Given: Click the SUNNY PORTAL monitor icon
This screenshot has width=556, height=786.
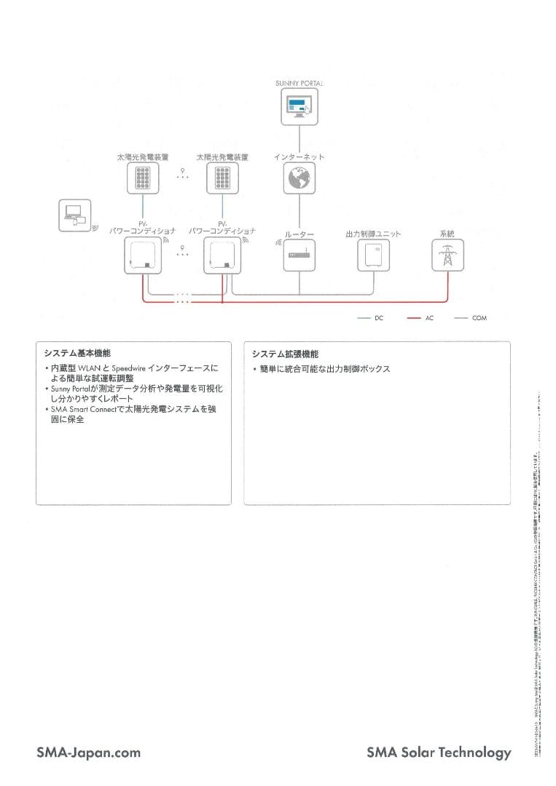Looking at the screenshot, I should coord(299,108).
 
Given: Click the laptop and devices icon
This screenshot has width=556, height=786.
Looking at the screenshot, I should coord(74,216).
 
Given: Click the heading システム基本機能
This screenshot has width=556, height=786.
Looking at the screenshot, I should coord(77,354).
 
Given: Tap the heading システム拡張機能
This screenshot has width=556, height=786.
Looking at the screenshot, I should coord(285,354).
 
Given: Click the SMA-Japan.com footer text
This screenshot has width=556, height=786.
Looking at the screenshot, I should coord(88,753).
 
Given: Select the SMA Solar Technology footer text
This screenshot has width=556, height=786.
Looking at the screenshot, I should coord(439,753).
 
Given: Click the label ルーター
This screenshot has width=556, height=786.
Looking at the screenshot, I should coord(299,234).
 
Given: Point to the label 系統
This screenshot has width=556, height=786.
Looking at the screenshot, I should coord(447,234).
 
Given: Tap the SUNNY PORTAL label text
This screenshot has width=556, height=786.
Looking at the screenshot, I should coord(299,84).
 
